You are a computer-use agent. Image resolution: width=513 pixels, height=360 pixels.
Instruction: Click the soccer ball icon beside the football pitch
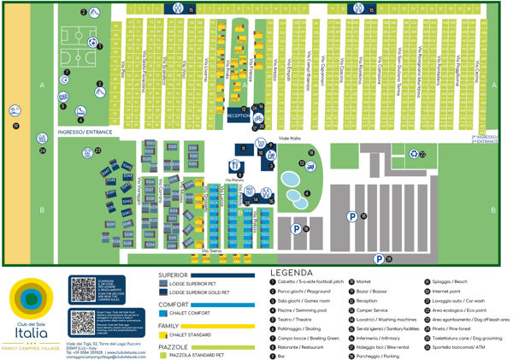(x=100, y=45)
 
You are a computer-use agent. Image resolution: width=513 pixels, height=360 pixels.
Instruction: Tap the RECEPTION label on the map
(x=239, y=114)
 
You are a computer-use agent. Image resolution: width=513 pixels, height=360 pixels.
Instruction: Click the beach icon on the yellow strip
(x=15, y=126)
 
